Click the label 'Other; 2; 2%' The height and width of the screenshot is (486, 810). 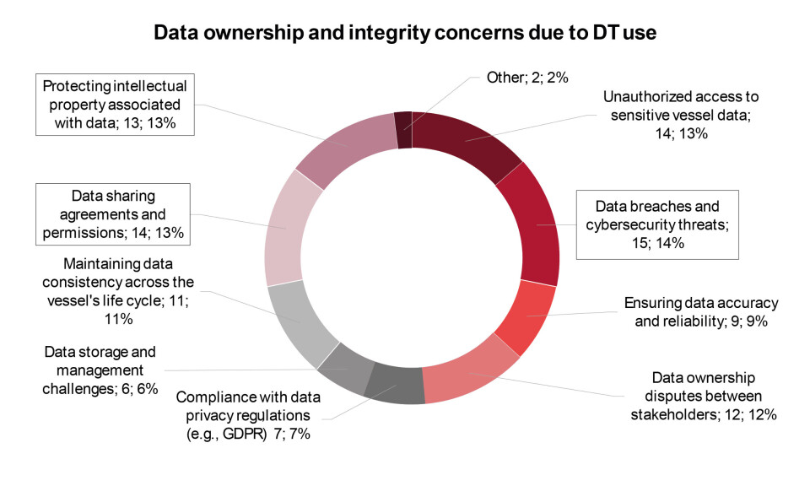pyautogui.click(x=528, y=78)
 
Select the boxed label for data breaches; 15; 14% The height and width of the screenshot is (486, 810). pyautogui.click(x=657, y=224)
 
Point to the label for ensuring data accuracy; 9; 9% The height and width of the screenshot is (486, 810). pyautogui.click(x=700, y=311)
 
